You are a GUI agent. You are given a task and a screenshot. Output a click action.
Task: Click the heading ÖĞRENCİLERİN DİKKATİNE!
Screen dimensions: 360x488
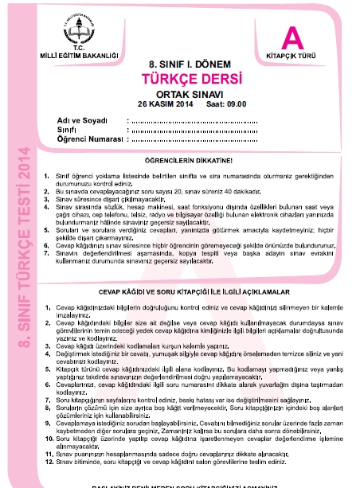click(x=182, y=162)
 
